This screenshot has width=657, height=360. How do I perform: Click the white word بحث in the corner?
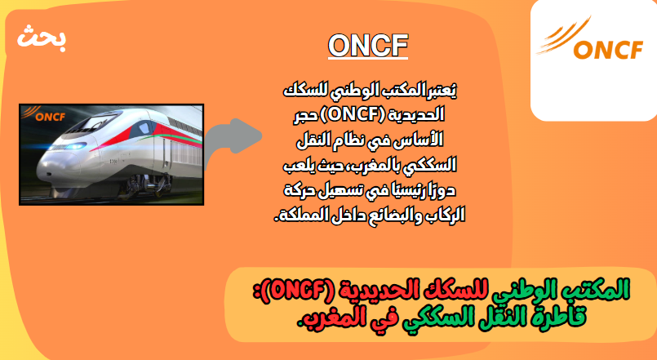(42, 38)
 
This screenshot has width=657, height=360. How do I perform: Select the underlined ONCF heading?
(368, 45)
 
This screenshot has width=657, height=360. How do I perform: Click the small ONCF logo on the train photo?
(43, 114)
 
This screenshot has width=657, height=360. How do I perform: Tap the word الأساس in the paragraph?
(424, 140)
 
